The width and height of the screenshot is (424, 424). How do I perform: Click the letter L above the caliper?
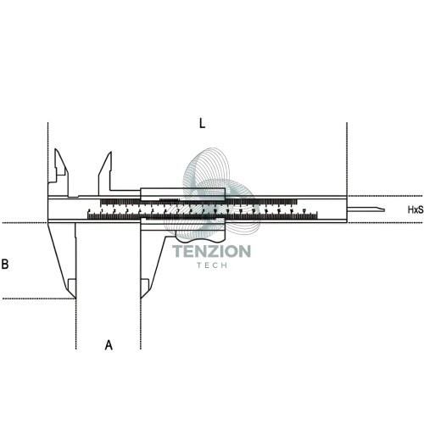click(x=202, y=123)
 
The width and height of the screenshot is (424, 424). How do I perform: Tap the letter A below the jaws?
click(x=109, y=345)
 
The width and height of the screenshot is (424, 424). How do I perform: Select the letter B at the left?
click(x=5, y=264)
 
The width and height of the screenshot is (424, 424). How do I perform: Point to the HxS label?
click(x=416, y=209)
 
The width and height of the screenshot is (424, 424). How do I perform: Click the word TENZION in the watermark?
click(x=211, y=251)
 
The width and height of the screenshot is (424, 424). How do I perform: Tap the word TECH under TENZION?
click(x=212, y=265)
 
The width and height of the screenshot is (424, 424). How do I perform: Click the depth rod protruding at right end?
click(x=365, y=209)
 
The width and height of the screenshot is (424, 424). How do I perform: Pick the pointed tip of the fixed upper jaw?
click(x=56, y=149)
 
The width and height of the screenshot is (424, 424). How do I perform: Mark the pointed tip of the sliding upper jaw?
click(x=110, y=153)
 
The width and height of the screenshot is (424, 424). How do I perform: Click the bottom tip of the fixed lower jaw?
click(x=75, y=298)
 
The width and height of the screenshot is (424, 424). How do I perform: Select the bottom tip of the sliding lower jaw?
click(x=141, y=298)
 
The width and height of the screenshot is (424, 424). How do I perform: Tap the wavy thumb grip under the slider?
click(x=200, y=238)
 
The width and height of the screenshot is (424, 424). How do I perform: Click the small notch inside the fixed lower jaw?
click(x=72, y=284)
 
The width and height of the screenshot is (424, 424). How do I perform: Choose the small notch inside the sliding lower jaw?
click(x=145, y=284)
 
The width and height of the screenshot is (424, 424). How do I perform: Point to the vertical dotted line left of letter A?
click(x=75, y=324)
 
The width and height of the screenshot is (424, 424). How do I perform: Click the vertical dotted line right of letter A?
click(x=141, y=324)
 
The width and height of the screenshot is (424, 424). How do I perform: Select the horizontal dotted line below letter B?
click(x=38, y=298)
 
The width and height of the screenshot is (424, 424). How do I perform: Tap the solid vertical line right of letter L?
click(x=347, y=159)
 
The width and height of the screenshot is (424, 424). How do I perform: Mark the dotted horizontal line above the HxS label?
click(x=386, y=196)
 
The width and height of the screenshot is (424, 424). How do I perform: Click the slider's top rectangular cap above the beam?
click(x=183, y=192)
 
